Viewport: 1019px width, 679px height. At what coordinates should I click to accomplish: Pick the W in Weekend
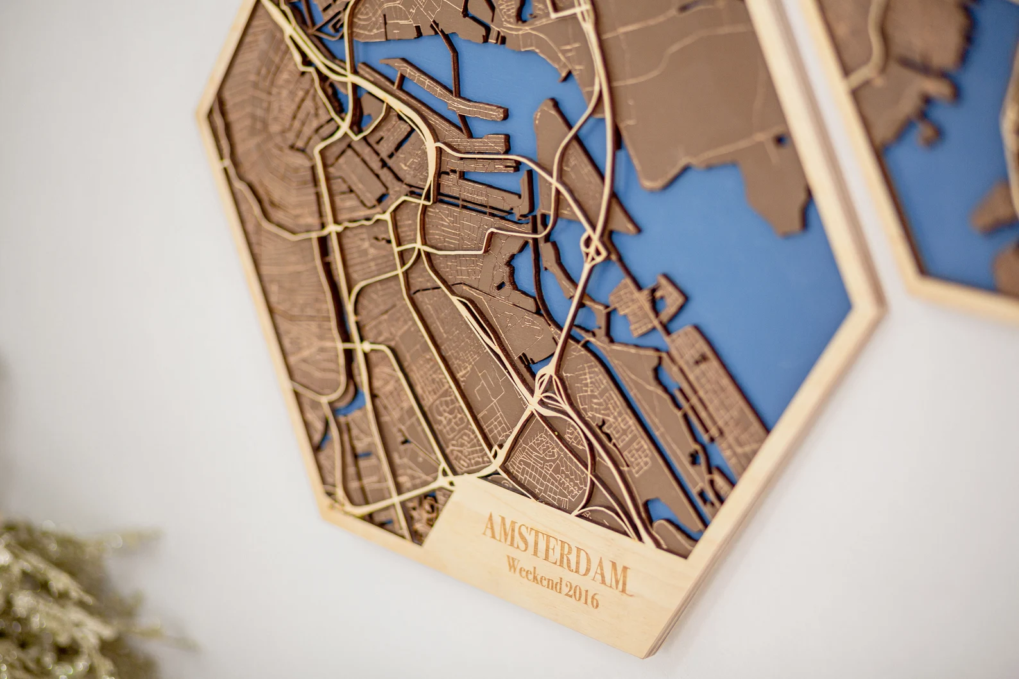513,565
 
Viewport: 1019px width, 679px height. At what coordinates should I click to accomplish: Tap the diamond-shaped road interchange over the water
590,247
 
